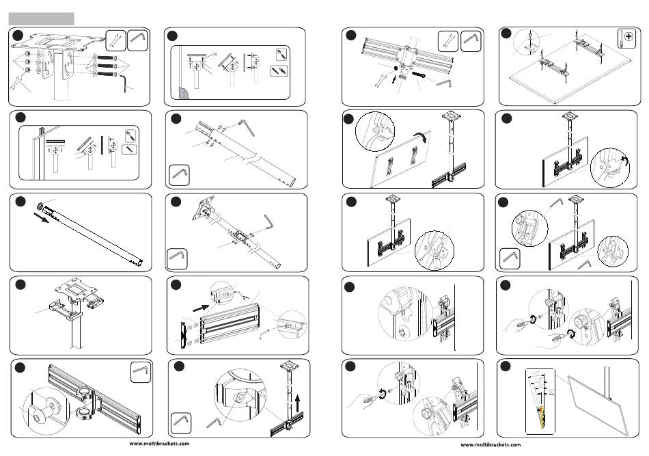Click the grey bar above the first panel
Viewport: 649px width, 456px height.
click(41, 18)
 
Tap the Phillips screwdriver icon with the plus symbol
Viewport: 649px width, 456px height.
click(626, 39)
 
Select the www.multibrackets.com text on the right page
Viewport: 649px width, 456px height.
click(491, 444)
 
